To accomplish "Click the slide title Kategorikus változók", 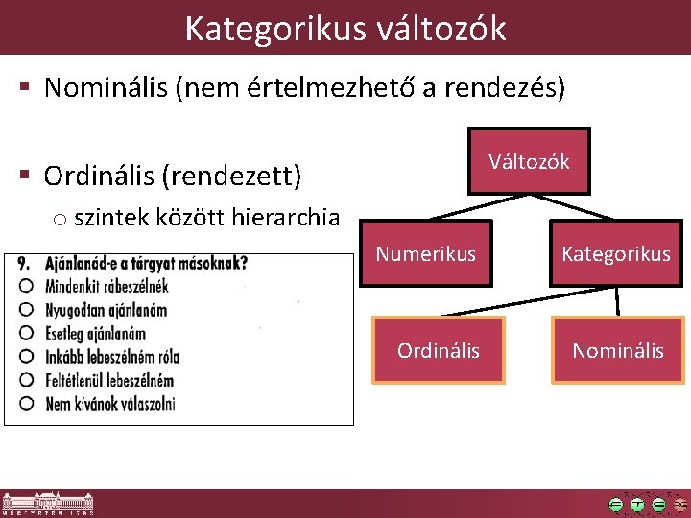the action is tap(345, 28).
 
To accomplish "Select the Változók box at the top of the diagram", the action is tap(529, 162).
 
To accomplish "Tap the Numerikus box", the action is tap(425, 254).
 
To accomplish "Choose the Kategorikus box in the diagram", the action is tap(616, 254).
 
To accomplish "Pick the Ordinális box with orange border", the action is tap(439, 350).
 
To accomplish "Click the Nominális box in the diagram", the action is tap(617, 350).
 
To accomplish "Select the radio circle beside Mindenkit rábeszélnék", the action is tap(26, 286).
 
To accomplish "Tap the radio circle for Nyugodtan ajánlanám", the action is tap(26, 309).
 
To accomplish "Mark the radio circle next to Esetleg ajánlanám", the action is tap(26, 333).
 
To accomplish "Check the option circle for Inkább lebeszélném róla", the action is tap(26, 356).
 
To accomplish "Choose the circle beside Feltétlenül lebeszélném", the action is tap(26, 380).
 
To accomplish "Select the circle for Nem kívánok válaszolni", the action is tap(26, 403).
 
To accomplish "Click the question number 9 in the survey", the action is tap(24, 262).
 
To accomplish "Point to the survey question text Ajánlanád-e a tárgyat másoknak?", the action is tap(147, 262).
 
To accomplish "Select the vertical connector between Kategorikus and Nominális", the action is tap(617, 301).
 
